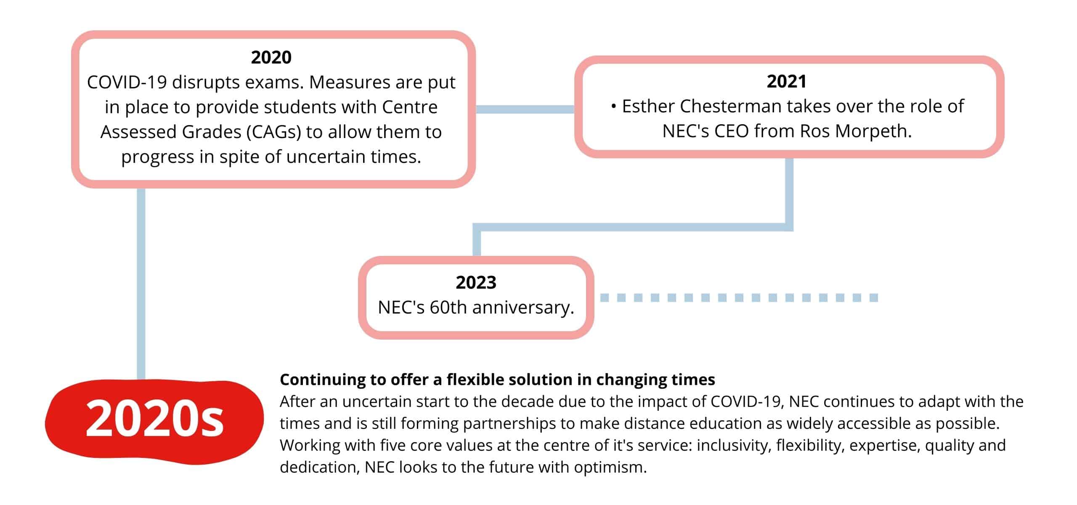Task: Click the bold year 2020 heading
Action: pyautogui.click(x=271, y=57)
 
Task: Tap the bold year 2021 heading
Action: pyautogui.click(x=786, y=81)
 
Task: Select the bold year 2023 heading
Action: pyautogui.click(x=476, y=282)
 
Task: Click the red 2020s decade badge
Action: pyautogui.click(x=154, y=421)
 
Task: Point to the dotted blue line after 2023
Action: pyautogui.click(x=739, y=298)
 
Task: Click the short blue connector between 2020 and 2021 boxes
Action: pyautogui.click(x=525, y=109)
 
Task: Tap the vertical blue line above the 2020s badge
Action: pyautogui.click(x=141, y=284)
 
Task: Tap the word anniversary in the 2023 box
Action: pyautogui.click(x=523, y=308)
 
